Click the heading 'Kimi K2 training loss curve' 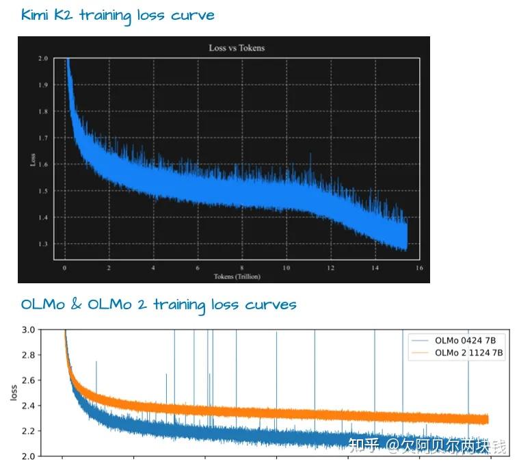[117, 15]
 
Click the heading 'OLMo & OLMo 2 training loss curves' [158, 304]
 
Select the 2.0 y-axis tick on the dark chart [43, 59]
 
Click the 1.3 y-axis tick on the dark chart [43, 244]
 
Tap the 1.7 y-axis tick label [43, 138]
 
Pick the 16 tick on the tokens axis [419, 268]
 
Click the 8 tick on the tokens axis [241, 268]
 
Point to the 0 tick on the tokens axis [64, 268]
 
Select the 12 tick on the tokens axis [330, 268]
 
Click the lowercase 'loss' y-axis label [14, 393]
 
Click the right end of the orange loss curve [488, 419]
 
